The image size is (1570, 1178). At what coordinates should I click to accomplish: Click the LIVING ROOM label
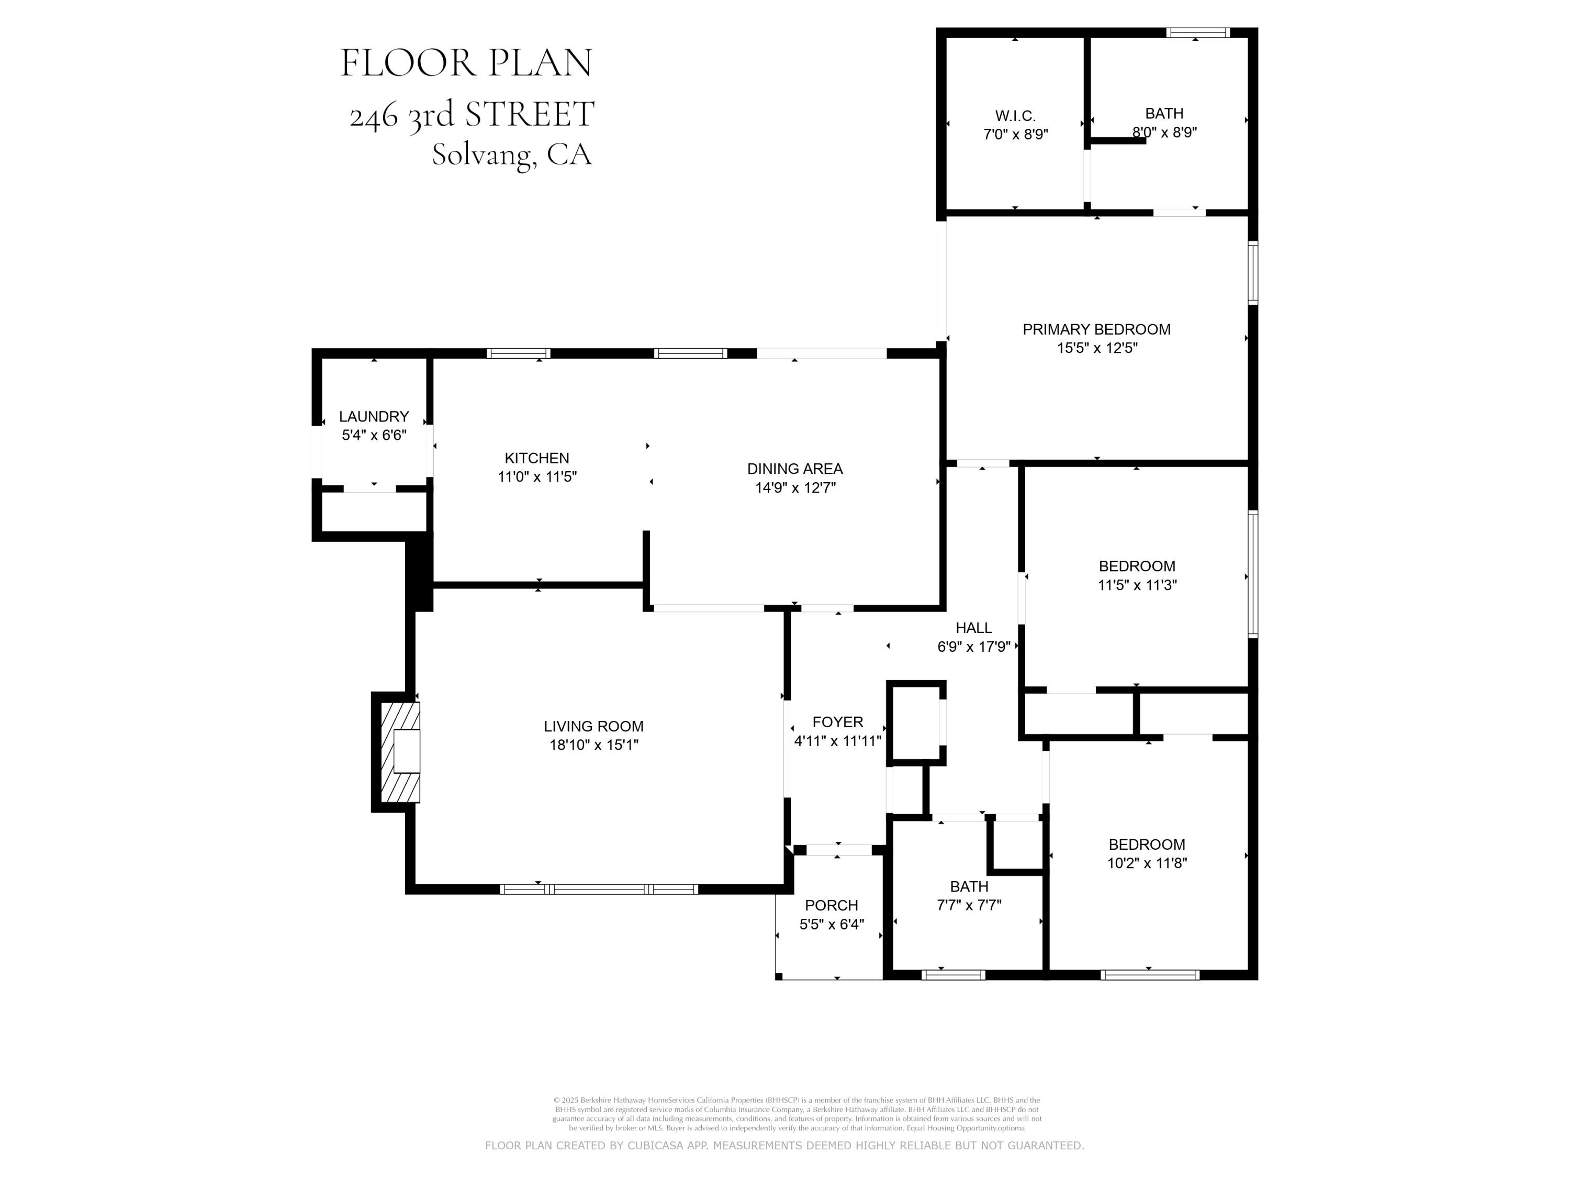[x=593, y=726]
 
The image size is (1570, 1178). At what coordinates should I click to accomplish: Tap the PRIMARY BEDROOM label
[x=1096, y=329]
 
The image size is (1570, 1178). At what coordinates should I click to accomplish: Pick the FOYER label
[x=837, y=722]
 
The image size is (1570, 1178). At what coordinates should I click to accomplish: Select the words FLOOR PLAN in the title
[x=466, y=63]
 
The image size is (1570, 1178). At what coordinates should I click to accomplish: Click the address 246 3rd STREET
[x=472, y=114]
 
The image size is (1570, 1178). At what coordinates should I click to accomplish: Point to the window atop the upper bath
[x=1198, y=32]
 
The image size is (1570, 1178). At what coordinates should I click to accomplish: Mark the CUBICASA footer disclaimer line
[x=784, y=1146]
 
